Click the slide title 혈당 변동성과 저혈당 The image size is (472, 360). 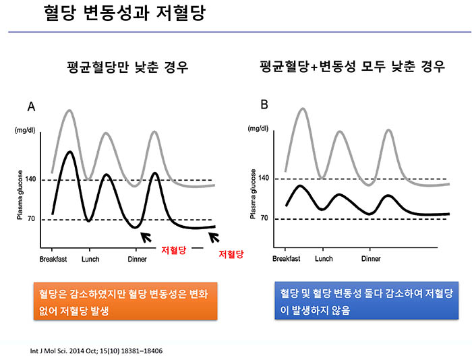(125, 13)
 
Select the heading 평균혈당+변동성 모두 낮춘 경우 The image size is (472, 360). (352, 69)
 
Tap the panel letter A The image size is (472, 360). (31, 107)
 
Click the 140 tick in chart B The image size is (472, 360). (264, 178)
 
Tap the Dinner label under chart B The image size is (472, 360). (371, 259)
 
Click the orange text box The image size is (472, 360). (125, 302)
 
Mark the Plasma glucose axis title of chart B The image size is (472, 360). (254, 196)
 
